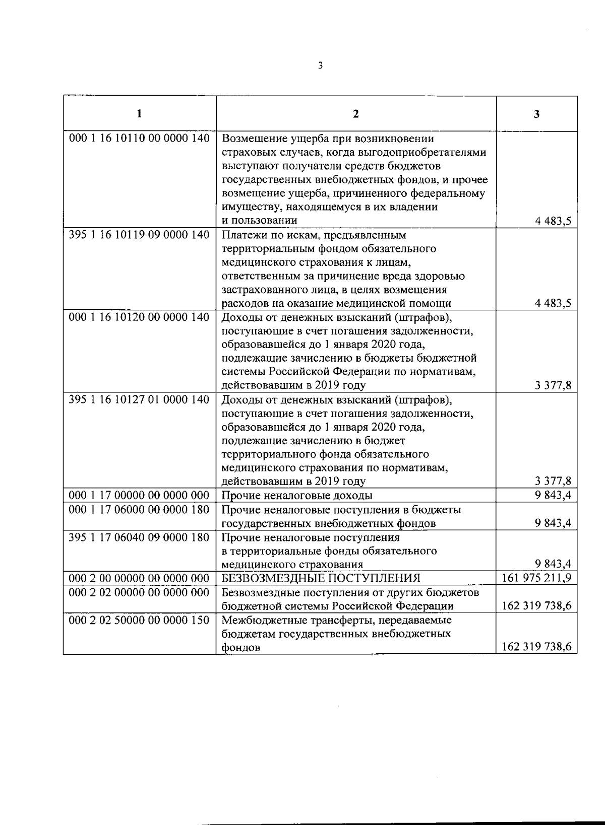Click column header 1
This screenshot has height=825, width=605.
pos(139,113)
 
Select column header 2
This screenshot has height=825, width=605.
pos(356,114)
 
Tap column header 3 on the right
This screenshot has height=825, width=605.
pos(536,114)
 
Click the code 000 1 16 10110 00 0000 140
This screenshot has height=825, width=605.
pos(139,138)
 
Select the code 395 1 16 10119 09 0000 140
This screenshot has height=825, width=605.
pos(139,235)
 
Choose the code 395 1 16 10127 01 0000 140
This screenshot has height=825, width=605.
pos(139,399)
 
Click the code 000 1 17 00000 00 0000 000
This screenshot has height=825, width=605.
pos(139,495)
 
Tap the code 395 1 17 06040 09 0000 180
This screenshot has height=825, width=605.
pos(139,537)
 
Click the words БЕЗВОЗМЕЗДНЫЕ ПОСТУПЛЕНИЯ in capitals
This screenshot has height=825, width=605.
pos(321,578)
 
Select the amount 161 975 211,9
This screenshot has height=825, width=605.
pos(537,578)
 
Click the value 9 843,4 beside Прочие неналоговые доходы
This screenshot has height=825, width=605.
pos(553,495)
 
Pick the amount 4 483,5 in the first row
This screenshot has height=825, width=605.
pos(553,221)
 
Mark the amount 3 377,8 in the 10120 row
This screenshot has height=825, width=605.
pos(553,386)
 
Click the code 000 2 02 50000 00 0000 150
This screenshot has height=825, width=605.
pos(139,620)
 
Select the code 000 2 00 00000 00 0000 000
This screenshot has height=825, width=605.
pos(139,578)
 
